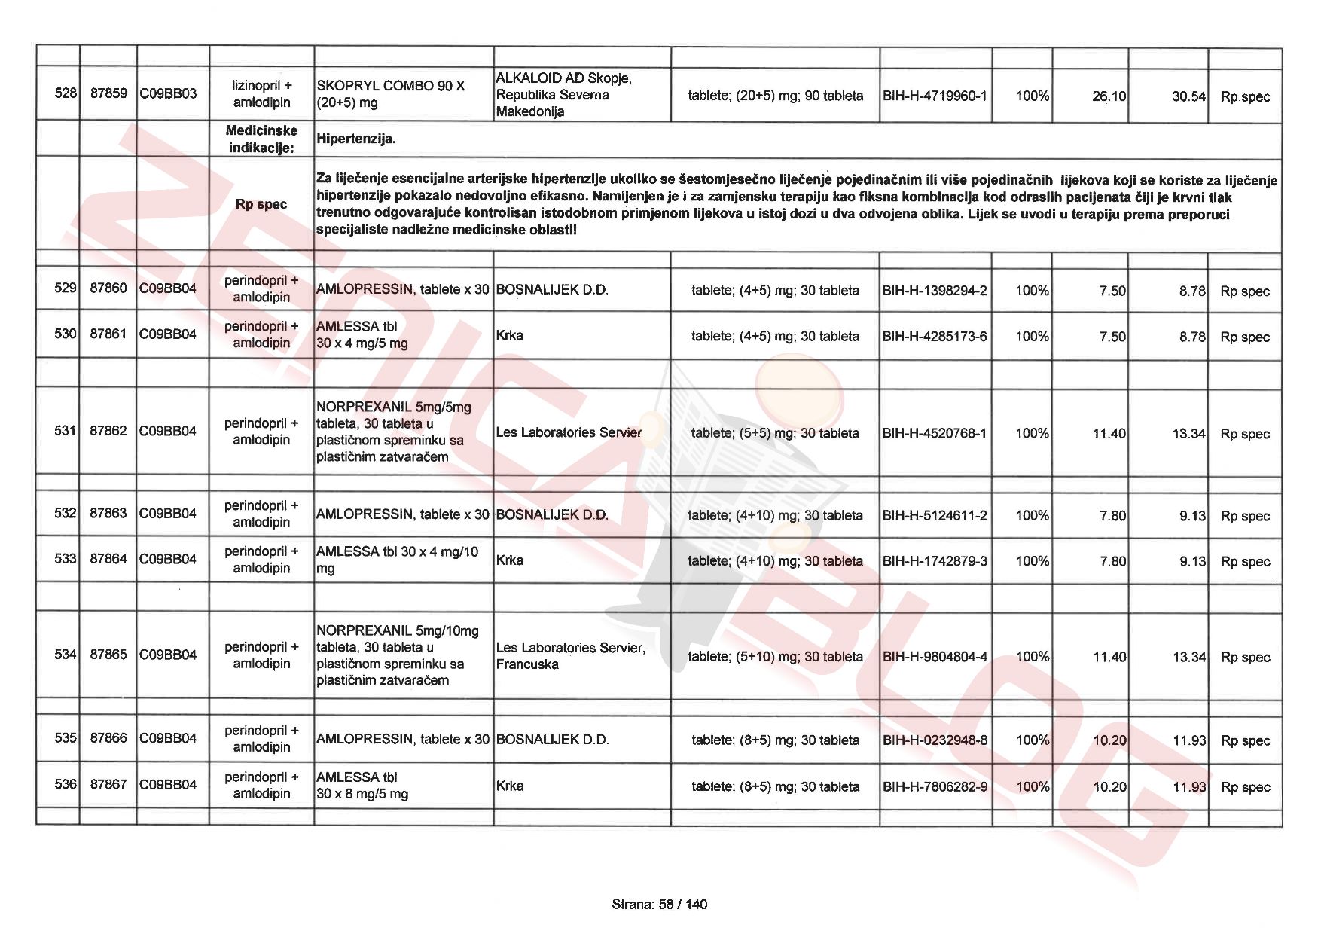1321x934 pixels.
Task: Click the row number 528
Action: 66,93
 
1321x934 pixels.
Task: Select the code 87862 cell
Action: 108,431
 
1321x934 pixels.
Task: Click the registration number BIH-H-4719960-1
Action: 934,96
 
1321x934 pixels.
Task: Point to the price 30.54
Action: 1188,96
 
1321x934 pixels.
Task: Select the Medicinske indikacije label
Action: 261,139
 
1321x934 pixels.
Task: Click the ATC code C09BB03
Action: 168,93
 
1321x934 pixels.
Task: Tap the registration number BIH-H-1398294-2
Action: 934,291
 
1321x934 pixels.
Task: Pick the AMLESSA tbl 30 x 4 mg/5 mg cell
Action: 362,335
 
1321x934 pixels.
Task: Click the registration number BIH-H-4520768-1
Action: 934,433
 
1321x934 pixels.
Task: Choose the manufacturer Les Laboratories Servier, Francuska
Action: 570,656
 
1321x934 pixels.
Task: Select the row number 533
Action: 66,559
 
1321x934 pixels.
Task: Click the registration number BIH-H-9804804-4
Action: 934,657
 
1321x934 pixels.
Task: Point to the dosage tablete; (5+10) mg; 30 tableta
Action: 775,657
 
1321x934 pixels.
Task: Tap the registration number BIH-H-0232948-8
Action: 934,740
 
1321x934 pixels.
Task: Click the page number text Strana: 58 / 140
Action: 660,905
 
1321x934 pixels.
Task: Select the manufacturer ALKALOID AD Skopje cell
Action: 563,95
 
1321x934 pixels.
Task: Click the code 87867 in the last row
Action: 108,784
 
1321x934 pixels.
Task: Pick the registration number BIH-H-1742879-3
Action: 934,561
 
